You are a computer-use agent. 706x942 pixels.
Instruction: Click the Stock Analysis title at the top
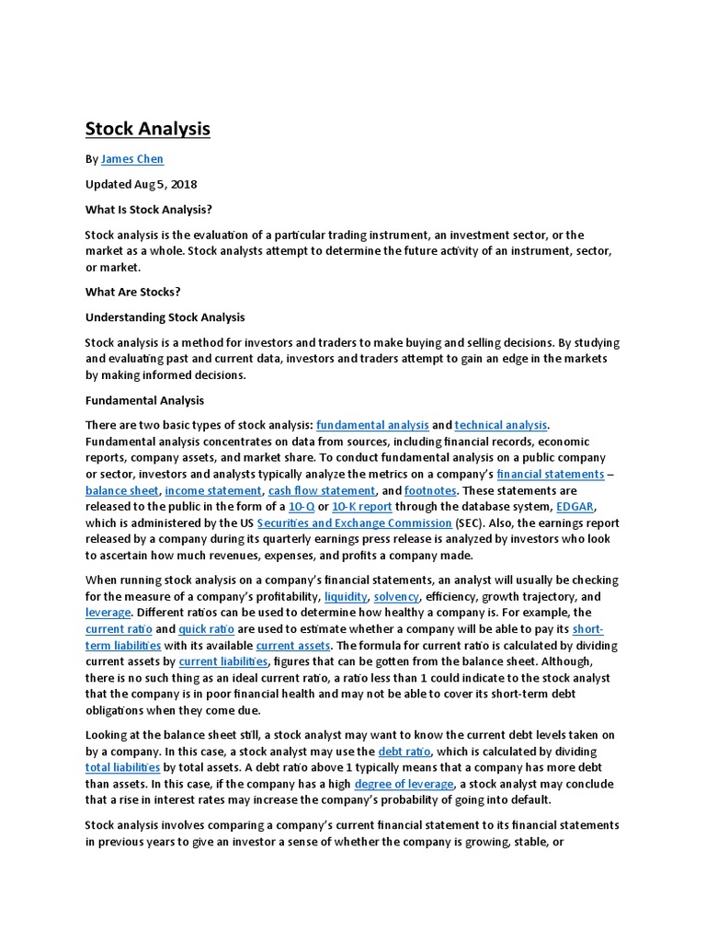coord(148,129)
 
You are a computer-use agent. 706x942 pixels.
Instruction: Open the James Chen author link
coord(131,159)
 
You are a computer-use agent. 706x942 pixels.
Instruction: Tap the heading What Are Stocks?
coord(132,293)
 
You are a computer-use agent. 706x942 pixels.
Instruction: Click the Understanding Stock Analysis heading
coord(165,317)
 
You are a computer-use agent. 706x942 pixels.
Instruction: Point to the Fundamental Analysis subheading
coord(144,401)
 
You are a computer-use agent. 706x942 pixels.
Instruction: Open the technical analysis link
coord(500,425)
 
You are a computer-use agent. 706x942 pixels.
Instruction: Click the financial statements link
coord(550,475)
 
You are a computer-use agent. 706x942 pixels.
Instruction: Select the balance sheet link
coord(121,491)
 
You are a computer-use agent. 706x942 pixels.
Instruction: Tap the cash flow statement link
coord(322,491)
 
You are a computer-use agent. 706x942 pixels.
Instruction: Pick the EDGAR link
coord(575,507)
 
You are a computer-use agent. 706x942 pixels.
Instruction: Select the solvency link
coord(396,597)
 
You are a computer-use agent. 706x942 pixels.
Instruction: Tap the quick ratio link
coord(206,629)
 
